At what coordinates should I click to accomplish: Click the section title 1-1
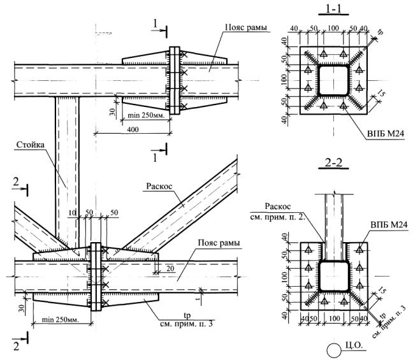(332, 9)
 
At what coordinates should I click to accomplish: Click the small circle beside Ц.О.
(333, 350)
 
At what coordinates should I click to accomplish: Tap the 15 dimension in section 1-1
(380, 96)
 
